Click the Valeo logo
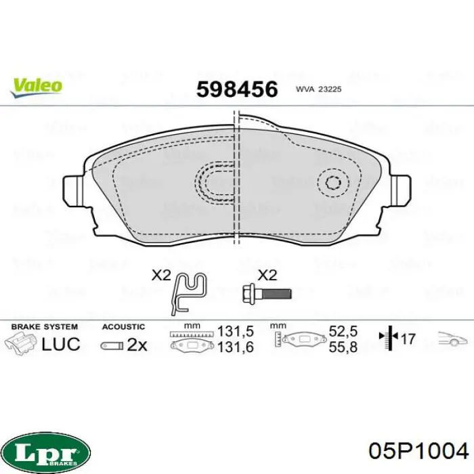click(37, 87)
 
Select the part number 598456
click(237, 89)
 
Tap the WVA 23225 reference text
click(318, 89)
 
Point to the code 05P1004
click(418, 452)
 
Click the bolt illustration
click(267, 293)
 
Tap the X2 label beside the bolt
click(267, 276)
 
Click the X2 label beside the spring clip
click(161, 276)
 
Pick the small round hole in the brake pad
click(333, 183)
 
